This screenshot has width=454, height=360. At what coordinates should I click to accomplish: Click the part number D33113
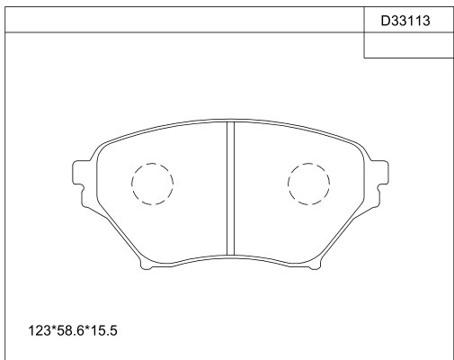coord(405,21)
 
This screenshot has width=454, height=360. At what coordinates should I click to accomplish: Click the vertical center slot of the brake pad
coord(230,188)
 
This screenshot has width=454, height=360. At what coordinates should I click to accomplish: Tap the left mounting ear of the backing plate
coord(78,174)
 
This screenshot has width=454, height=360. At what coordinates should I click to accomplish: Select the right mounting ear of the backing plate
coord(382,174)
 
